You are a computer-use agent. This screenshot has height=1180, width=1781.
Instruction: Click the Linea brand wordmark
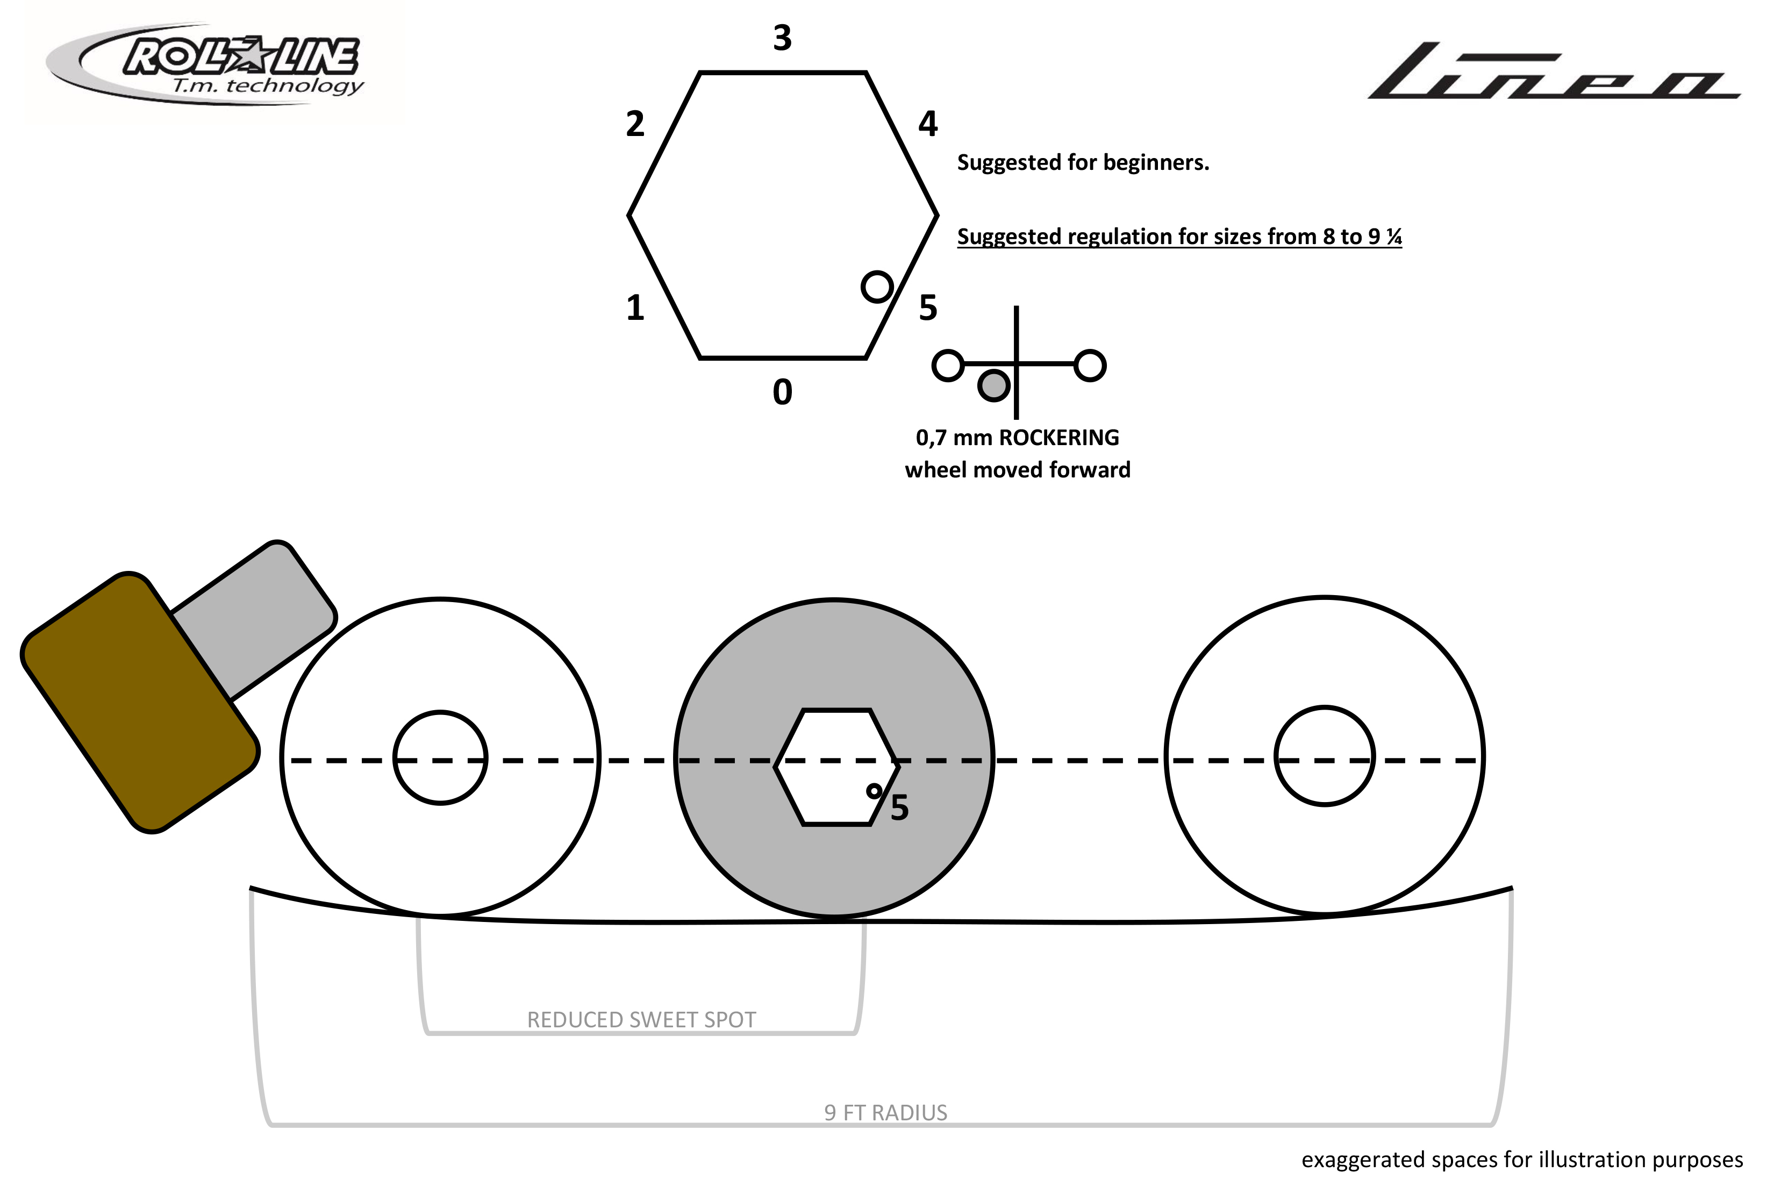[1553, 71]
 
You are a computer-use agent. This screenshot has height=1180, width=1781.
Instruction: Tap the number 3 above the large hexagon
[783, 38]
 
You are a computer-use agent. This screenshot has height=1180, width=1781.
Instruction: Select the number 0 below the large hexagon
[783, 392]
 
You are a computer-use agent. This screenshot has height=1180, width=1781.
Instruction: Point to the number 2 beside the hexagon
[635, 124]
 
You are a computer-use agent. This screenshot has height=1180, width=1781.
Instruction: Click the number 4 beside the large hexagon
[928, 124]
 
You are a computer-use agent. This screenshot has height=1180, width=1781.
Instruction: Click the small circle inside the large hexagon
[877, 287]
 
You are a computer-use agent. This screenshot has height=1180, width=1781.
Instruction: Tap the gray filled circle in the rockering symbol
[993, 385]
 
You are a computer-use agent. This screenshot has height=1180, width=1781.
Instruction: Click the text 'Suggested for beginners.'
[1083, 162]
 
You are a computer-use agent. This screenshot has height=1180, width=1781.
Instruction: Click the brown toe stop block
[140, 703]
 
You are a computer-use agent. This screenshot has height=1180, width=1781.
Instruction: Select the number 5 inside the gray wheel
[899, 807]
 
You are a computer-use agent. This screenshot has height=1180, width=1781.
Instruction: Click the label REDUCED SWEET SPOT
[641, 1020]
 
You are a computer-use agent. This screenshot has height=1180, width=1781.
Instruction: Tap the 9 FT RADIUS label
[885, 1112]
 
